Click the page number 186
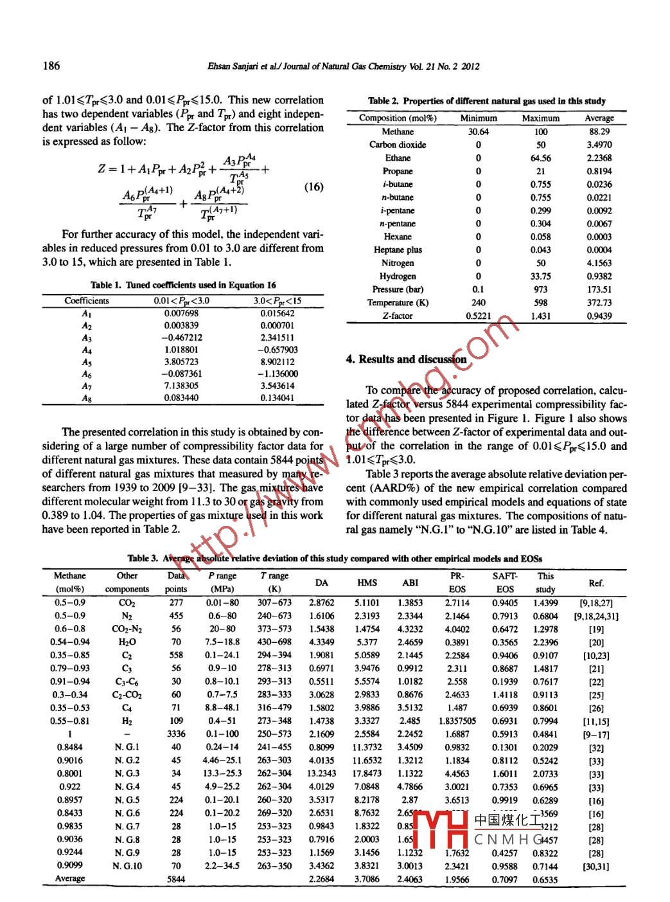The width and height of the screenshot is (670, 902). (x=51, y=65)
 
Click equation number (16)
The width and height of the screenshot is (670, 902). (x=313, y=187)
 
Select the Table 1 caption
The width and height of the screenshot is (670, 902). (x=183, y=285)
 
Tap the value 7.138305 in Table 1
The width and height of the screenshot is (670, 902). (x=181, y=386)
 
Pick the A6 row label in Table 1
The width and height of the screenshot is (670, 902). (x=87, y=374)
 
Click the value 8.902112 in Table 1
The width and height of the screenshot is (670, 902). (x=278, y=362)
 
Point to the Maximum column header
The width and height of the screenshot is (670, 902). (x=540, y=118)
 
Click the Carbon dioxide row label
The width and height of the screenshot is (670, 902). (x=398, y=145)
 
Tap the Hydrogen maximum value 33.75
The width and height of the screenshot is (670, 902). (x=540, y=276)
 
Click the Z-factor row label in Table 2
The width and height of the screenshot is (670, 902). (x=398, y=316)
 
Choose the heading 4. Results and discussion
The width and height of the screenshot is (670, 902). (x=406, y=359)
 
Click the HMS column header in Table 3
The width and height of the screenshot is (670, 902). (x=367, y=582)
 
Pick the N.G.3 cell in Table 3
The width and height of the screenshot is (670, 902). (x=127, y=773)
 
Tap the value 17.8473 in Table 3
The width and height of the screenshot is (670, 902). (x=367, y=773)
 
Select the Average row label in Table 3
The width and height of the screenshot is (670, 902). (x=70, y=878)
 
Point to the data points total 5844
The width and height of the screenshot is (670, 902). (x=176, y=878)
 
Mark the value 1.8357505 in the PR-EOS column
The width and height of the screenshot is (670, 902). (x=457, y=721)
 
